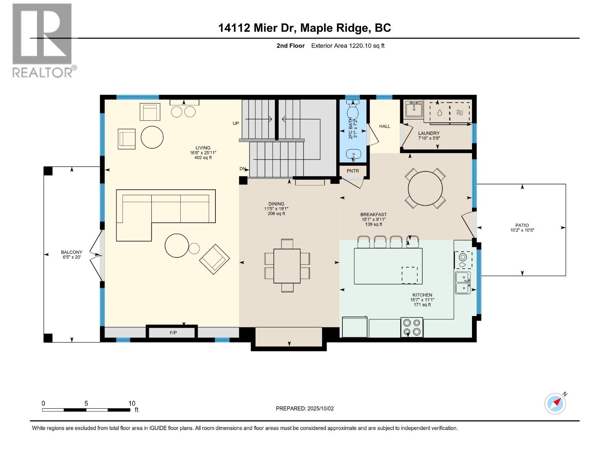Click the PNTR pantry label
pos(353,171)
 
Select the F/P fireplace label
pos(173,333)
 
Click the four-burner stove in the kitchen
pos(412,327)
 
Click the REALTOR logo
pos(42,40)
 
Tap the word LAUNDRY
pos(429,133)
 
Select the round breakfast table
pos(425,189)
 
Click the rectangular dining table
pos(287,266)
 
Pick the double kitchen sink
pos(463,283)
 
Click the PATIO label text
pos(522,225)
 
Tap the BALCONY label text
pos(72,252)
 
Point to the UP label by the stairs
pos(236,123)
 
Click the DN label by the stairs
pos(242,169)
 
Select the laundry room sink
pos(414,109)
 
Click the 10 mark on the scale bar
pos(132,403)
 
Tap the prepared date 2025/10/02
pos(320,408)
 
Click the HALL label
pos(384,126)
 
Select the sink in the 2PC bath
pos(353,155)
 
